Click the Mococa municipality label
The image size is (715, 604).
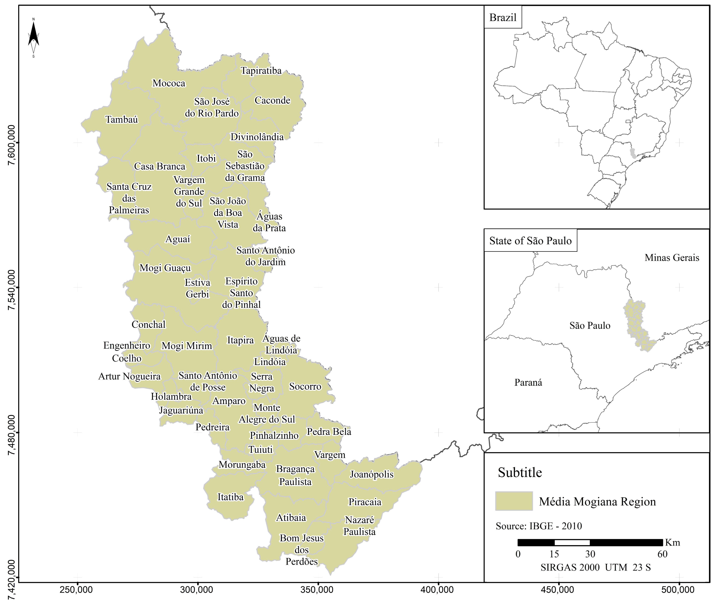tap(169, 83)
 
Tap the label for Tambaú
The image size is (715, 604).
tap(122, 119)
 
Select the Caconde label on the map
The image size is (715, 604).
tap(272, 100)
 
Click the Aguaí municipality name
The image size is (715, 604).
tap(177, 239)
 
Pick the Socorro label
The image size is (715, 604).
tap(305, 387)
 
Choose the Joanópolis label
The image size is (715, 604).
tap(371, 475)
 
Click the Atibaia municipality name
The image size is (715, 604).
tap(291, 518)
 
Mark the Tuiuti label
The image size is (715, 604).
tap(260, 450)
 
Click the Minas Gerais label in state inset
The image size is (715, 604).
tap(671, 258)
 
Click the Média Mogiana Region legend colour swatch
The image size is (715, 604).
tap(514, 501)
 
